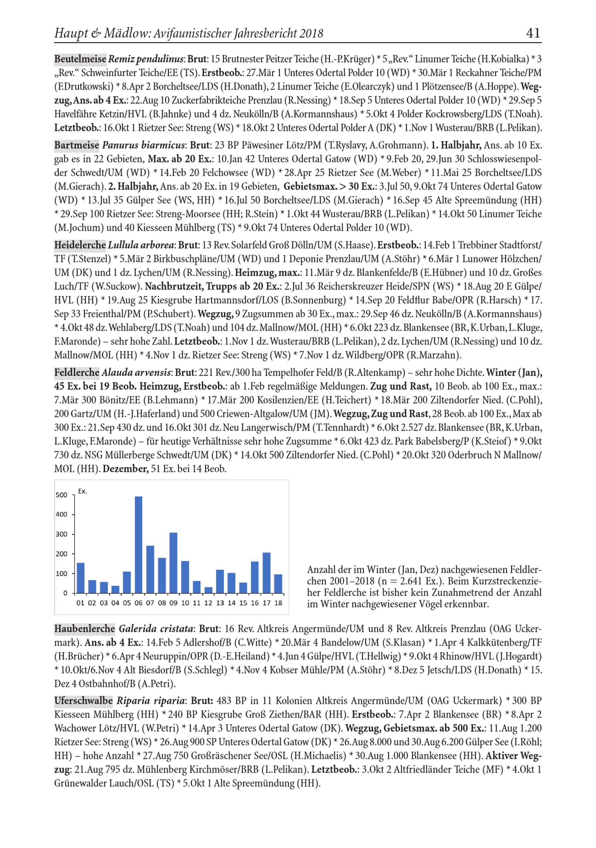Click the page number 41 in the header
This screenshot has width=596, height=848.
tap(533, 34)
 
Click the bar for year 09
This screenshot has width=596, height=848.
tap(173, 562)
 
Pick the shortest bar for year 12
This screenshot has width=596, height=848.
tap(209, 590)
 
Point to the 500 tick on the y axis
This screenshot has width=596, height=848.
tap(61, 495)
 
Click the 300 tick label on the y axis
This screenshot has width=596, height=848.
tap(61, 534)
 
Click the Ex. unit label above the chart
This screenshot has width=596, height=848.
tap(83, 491)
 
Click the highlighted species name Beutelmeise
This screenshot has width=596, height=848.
tap(80, 59)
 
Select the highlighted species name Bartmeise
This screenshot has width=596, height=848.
tap(77, 145)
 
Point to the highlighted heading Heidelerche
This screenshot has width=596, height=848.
tap(80, 245)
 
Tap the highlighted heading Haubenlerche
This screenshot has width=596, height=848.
tap(85, 628)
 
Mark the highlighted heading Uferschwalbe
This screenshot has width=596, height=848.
tap(83, 700)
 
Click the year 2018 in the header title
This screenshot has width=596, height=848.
tap(311, 34)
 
